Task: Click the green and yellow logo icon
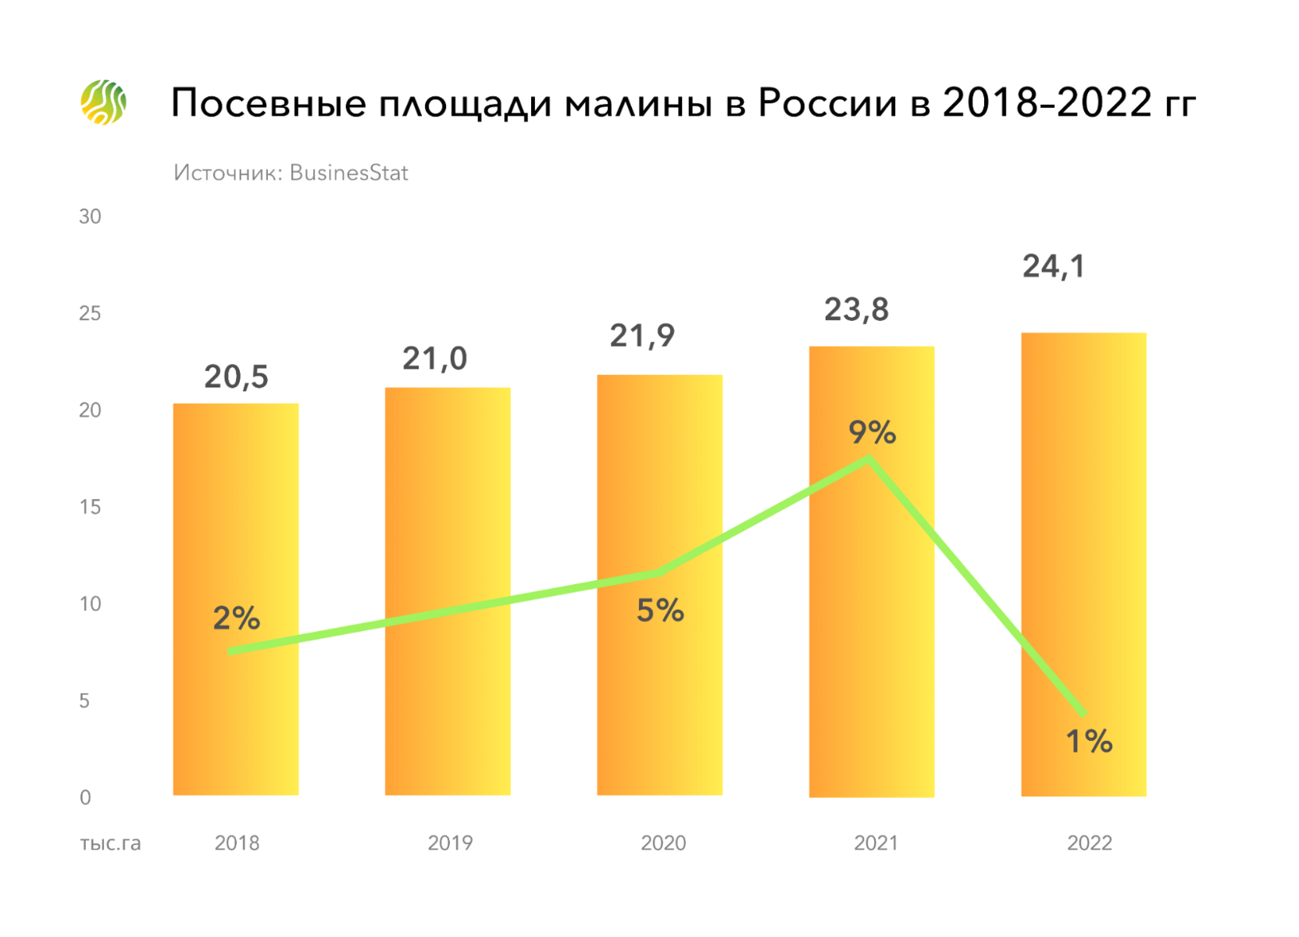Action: (103, 102)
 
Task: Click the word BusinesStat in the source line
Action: (348, 173)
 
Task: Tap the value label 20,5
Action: (236, 377)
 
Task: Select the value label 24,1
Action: (1054, 267)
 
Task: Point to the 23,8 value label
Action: (856, 310)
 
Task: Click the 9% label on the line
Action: (872, 432)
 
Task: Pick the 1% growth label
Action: (1089, 741)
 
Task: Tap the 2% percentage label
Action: (236, 618)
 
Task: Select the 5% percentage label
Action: (660, 611)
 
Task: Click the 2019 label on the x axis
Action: (450, 843)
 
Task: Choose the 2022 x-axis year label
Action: (1089, 843)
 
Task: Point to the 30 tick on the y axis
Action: (90, 216)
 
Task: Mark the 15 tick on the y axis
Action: (90, 507)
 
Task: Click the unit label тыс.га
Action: (110, 843)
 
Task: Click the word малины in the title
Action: (638, 104)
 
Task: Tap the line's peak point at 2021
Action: (869, 459)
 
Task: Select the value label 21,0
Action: (434, 359)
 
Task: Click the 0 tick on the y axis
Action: (85, 797)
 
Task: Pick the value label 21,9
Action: (642, 336)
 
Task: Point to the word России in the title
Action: (827, 104)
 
